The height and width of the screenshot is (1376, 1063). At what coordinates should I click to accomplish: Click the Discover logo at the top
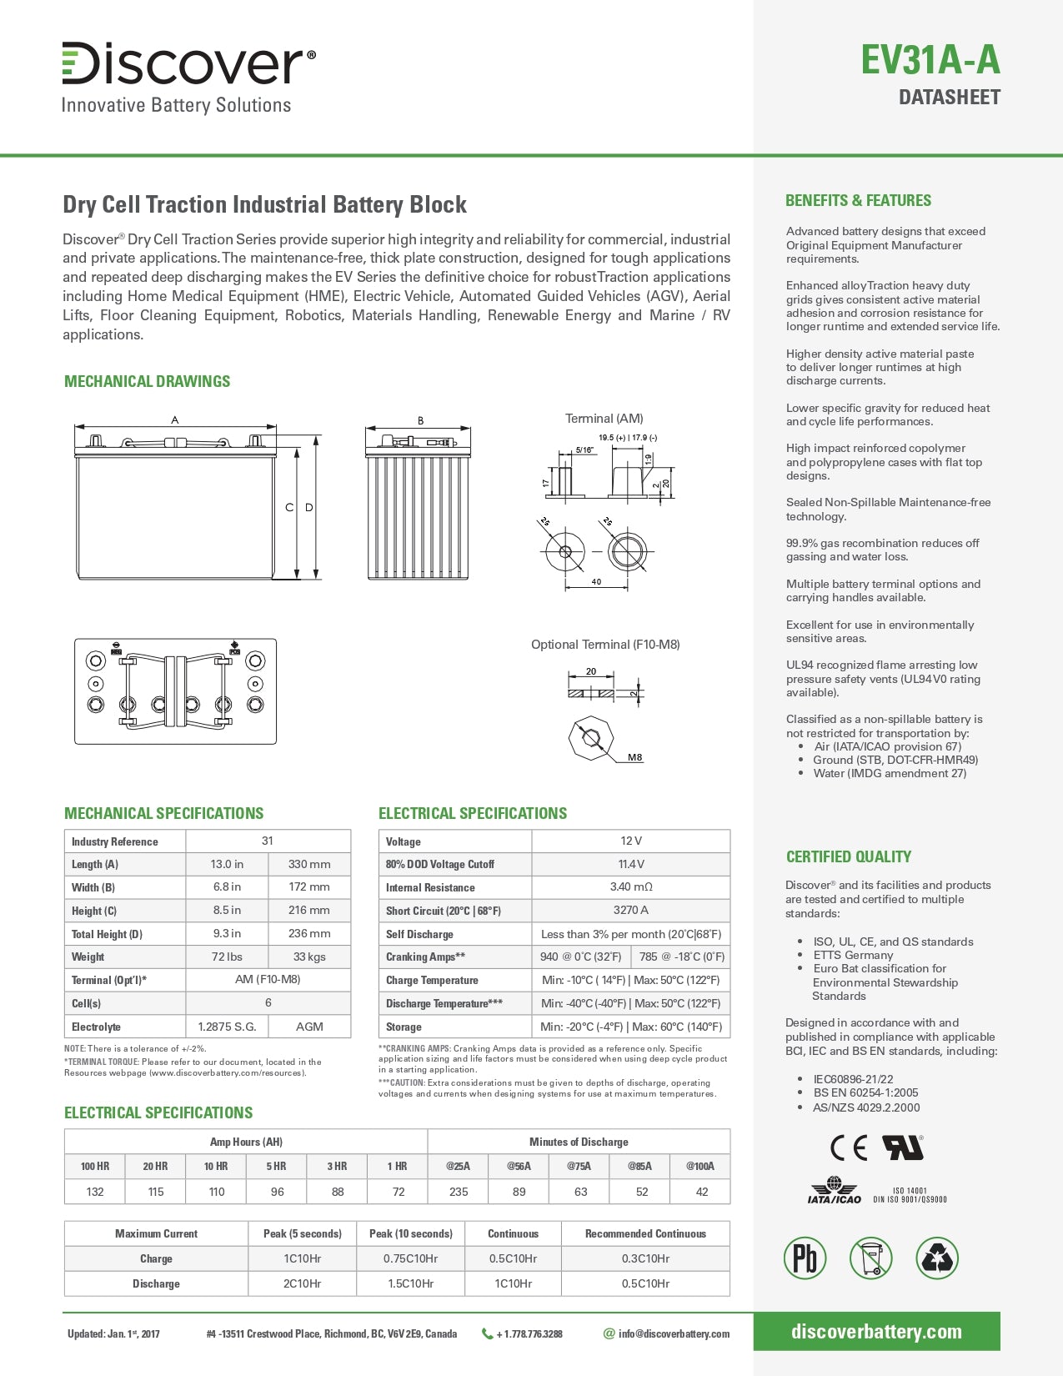pyautogui.click(x=188, y=63)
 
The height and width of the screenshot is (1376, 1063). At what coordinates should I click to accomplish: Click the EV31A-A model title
pyautogui.click(x=930, y=61)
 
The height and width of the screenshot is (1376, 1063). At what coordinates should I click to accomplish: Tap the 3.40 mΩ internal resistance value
pyautogui.click(x=630, y=887)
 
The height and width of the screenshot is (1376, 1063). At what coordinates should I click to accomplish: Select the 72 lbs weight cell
pyautogui.click(x=227, y=957)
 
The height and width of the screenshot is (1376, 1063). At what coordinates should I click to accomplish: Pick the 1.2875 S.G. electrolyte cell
pyautogui.click(x=227, y=1027)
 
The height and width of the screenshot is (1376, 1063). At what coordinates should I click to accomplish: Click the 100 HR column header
pyautogui.click(x=95, y=1166)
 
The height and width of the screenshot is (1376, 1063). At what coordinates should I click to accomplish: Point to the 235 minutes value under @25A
pyautogui.click(x=459, y=1192)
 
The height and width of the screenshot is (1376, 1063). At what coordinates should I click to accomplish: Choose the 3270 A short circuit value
pyautogui.click(x=630, y=911)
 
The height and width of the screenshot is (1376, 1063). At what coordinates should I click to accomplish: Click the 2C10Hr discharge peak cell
pyautogui.click(x=302, y=1283)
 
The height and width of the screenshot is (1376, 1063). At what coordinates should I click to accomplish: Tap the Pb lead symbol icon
pyautogui.click(x=805, y=1258)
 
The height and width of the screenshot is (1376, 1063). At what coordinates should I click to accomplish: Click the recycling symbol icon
pyautogui.click(x=936, y=1258)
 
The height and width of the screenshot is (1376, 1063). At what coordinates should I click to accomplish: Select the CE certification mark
pyautogui.click(x=849, y=1148)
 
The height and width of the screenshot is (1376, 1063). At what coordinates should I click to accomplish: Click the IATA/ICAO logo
pyautogui.click(x=834, y=1191)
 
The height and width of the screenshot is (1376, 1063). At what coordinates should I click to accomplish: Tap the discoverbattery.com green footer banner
pyautogui.click(x=876, y=1332)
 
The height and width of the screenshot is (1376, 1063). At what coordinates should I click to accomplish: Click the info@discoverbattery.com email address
pyautogui.click(x=674, y=1333)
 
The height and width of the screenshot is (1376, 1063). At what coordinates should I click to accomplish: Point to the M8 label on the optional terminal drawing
pyautogui.click(x=635, y=757)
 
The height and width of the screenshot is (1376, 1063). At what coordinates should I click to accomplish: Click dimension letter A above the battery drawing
pyautogui.click(x=175, y=420)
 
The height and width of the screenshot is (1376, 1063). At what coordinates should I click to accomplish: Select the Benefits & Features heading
pyautogui.click(x=858, y=200)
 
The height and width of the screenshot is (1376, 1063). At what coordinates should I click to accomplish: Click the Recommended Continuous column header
pyautogui.click(x=645, y=1233)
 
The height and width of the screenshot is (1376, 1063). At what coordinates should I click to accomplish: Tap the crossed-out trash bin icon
pyautogui.click(x=870, y=1258)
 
